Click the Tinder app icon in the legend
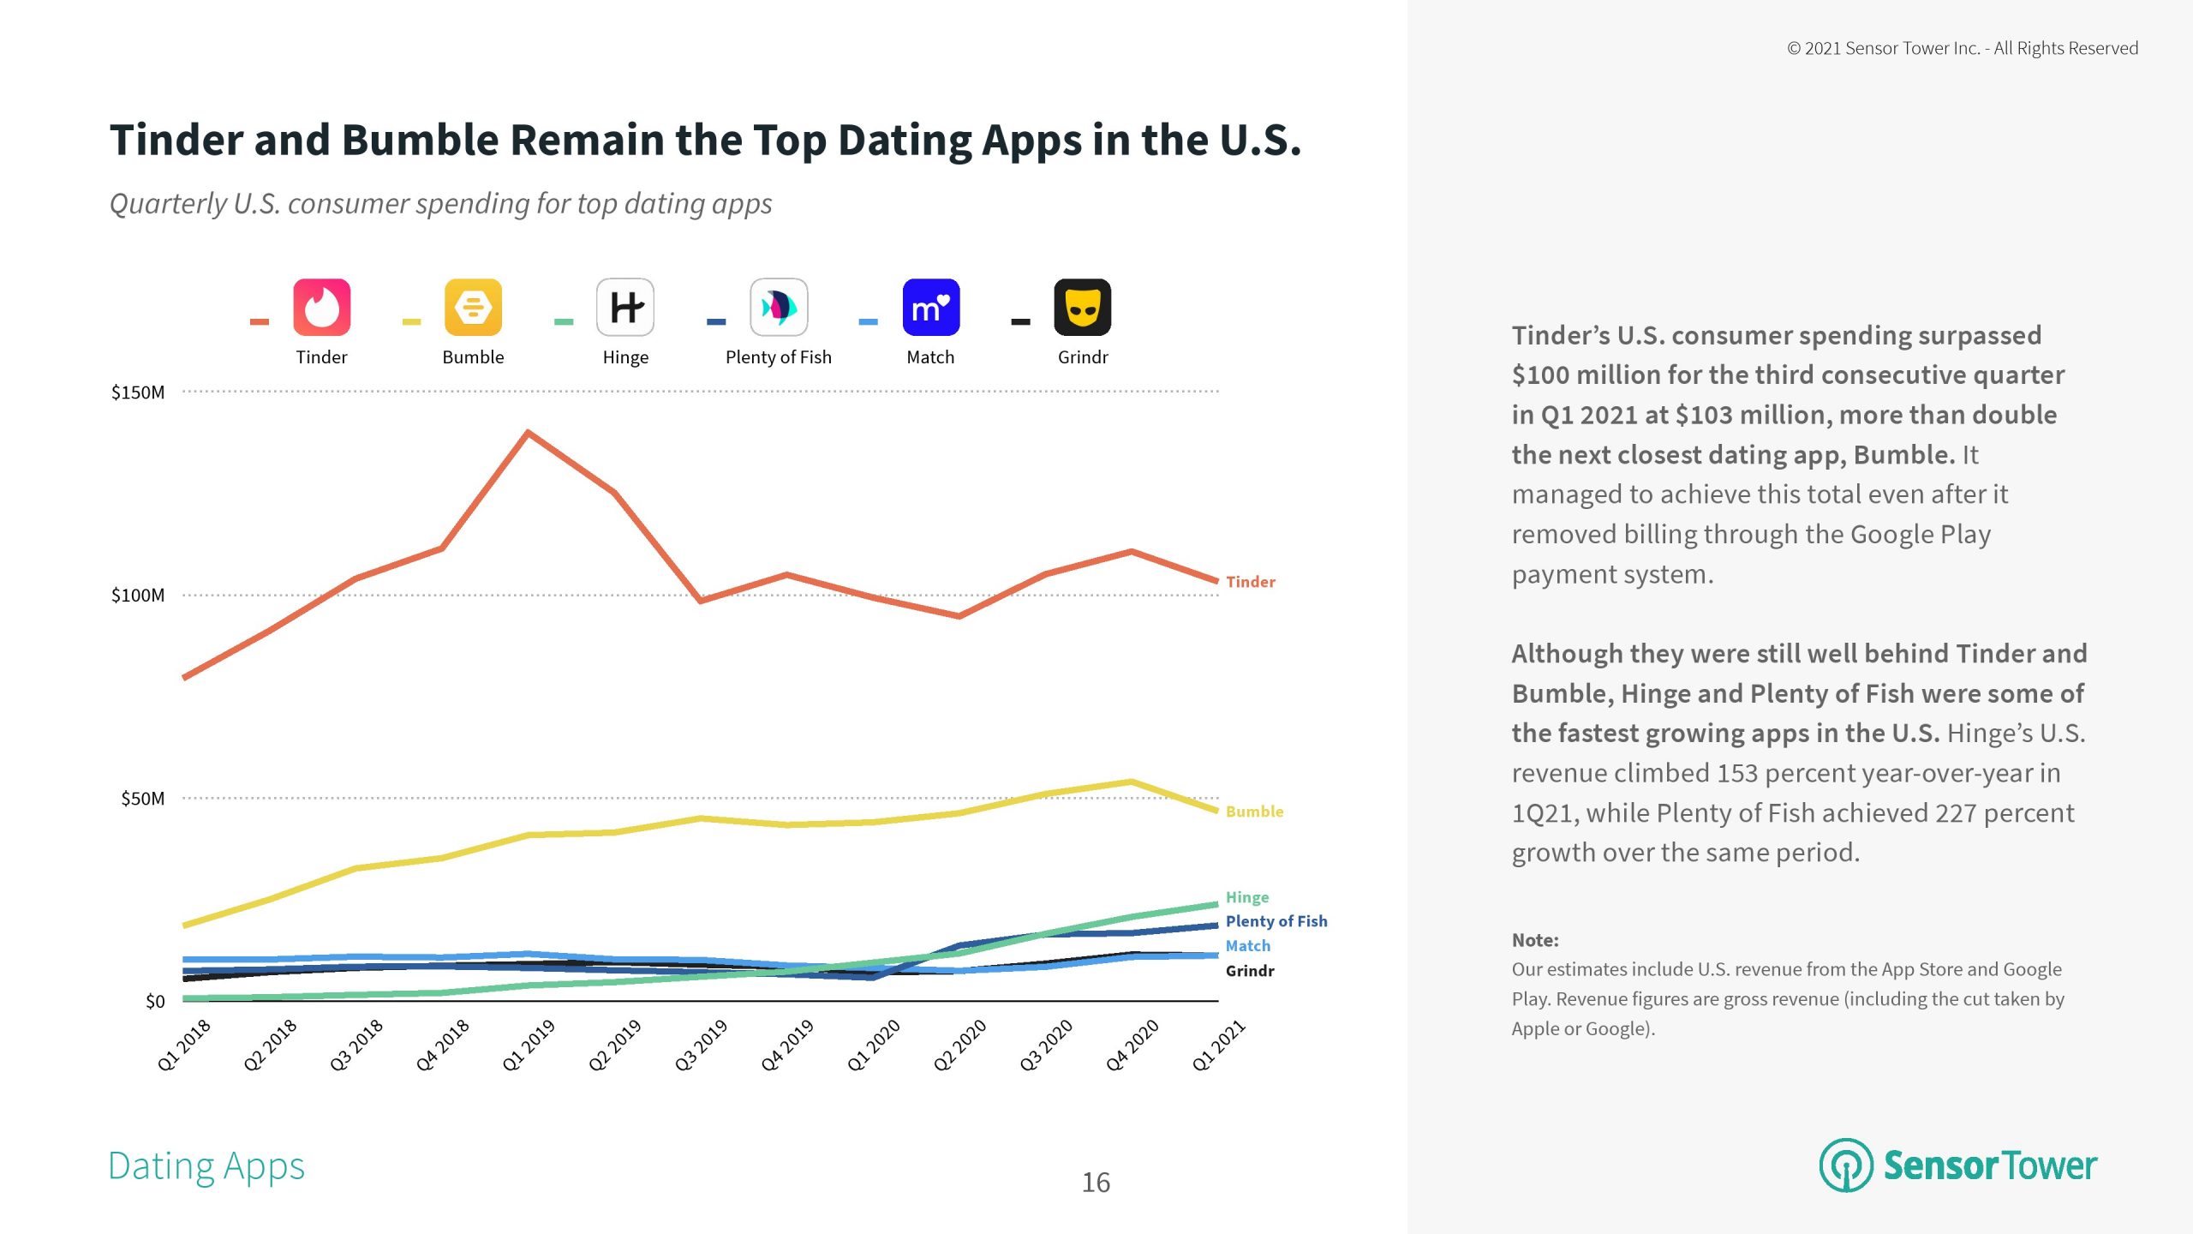point(321,307)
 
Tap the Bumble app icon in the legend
point(473,307)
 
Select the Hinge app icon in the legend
point(625,307)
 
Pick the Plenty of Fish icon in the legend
point(779,307)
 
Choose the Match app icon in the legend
point(931,307)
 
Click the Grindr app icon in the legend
point(1083,307)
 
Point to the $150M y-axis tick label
point(138,392)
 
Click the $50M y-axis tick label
point(142,799)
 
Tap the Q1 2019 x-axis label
point(529,1045)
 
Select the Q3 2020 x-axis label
point(1046,1045)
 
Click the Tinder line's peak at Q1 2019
point(529,433)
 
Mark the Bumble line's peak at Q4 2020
point(1132,782)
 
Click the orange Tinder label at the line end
point(1250,582)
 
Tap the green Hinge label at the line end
point(1247,897)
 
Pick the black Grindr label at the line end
point(1250,971)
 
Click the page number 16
point(1096,1183)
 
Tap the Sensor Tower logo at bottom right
point(1958,1165)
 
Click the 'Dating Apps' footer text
point(206,1166)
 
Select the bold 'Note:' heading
point(1535,940)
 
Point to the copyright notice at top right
point(1962,48)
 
